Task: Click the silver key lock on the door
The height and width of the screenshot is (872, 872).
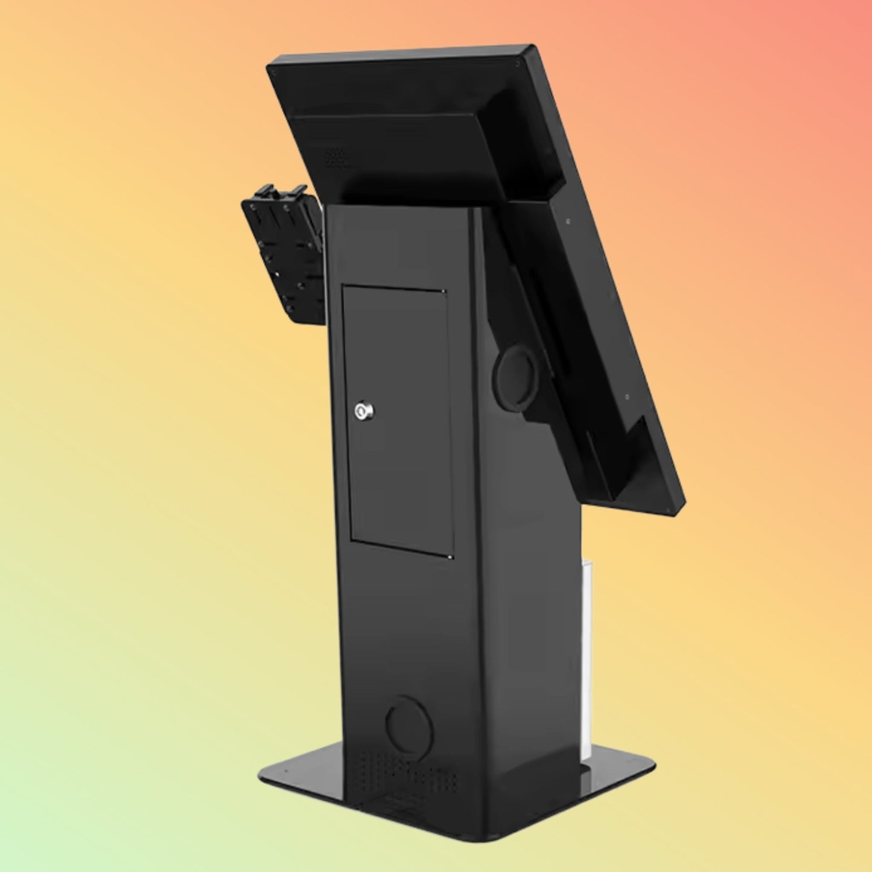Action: click(364, 412)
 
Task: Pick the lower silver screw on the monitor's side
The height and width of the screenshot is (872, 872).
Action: click(627, 396)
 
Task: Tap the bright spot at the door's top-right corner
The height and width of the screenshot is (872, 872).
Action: click(445, 294)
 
